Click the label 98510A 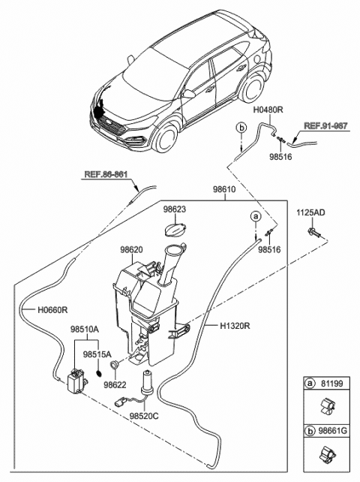(x=85, y=329)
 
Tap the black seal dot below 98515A (x=97, y=372)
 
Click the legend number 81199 (x=332, y=383)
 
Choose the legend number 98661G (x=334, y=433)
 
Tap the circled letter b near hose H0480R (x=241, y=128)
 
